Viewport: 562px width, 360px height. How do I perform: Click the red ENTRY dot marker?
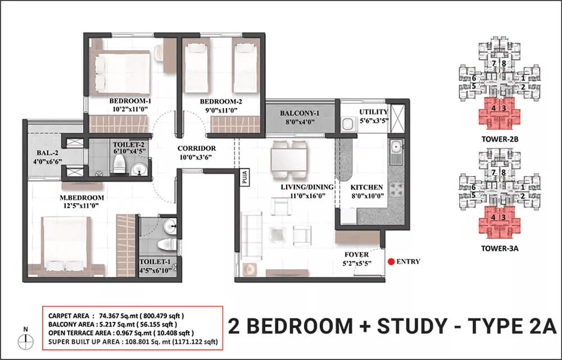391,262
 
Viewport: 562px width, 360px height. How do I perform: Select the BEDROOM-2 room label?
220,101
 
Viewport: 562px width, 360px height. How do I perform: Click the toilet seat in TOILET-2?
119,164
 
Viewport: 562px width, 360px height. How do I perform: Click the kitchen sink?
396,147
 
